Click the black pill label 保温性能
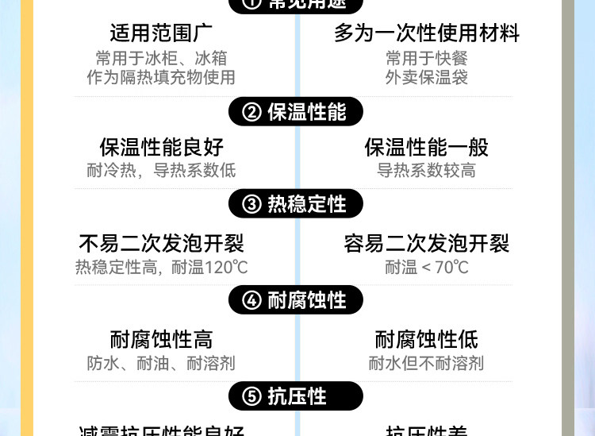pyautogui.click(x=296, y=112)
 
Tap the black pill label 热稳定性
pyautogui.click(x=296, y=204)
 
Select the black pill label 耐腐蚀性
pyautogui.click(x=296, y=300)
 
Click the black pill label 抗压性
pyautogui.click(x=296, y=396)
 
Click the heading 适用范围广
pyautogui.click(x=161, y=33)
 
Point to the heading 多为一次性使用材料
pyautogui.click(x=427, y=33)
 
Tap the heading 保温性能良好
pyautogui.click(x=161, y=147)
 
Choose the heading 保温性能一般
pyautogui.click(x=427, y=147)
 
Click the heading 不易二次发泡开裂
pyautogui.click(x=161, y=243)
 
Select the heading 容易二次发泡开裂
pyautogui.click(x=427, y=243)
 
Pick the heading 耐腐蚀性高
pyautogui.click(x=161, y=340)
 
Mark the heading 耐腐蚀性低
pyautogui.click(x=427, y=340)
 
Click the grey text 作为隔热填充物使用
pyautogui.click(x=161, y=77)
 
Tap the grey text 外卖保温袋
pyautogui.click(x=427, y=77)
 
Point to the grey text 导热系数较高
pyautogui.click(x=427, y=171)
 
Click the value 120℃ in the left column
pyautogui.click(x=227, y=268)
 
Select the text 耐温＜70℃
pyautogui.click(x=427, y=268)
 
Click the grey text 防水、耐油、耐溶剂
pyautogui.click(x=161, y=364)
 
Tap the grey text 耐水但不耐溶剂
pyautogui.click(x=427, y=364)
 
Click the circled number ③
pyautogui.click(x=251, y=205)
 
